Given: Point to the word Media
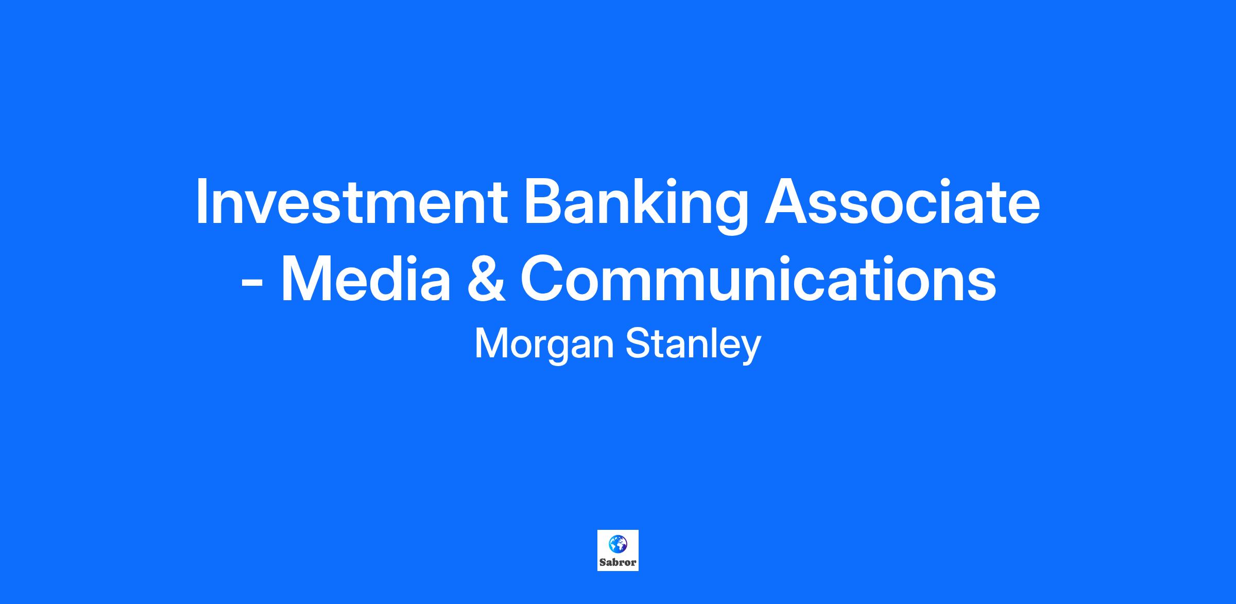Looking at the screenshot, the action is click(x=366, y=279).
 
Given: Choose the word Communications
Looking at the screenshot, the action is click(x=758, y=279).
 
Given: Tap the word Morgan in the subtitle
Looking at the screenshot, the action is click(x=544, y=344).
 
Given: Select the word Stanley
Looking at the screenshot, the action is click(x=693, y=344).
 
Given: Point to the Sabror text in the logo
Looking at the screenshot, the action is click(x=617, y=562).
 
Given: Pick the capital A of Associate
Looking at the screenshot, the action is click(x=786, y=202).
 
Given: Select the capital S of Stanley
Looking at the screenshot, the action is click(x=639, y=344).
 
